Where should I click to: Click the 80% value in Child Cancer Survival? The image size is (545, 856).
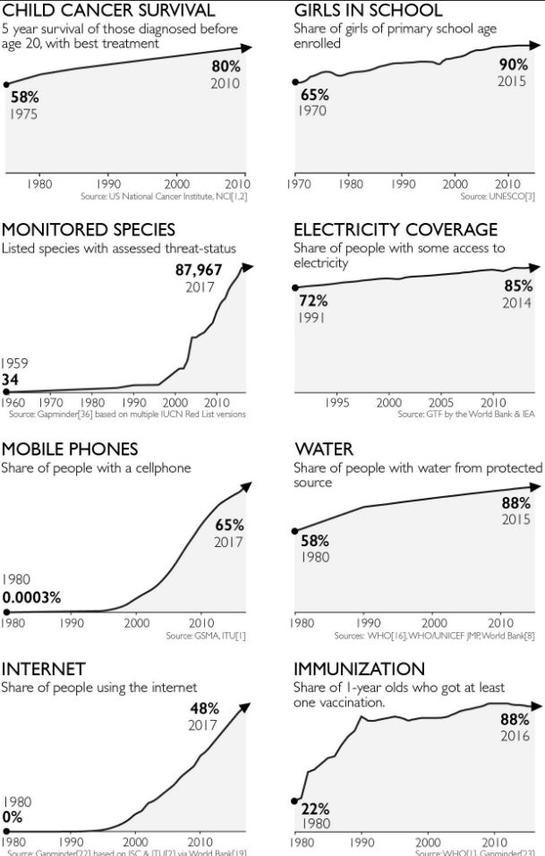click(x=226, y=67)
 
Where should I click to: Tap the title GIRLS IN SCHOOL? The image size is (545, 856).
click(x=368, y=11)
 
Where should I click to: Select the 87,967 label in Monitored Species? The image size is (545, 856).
click(x=198, y=270)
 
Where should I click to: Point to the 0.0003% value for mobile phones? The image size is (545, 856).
click(x=31, y=597)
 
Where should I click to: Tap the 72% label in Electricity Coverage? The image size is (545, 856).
click(x=314, y=302)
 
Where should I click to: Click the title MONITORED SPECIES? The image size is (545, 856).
click(x=88, y=230)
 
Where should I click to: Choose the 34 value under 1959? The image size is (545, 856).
click(x=12, y=380)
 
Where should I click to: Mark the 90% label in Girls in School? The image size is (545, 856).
click(x=514, y=65)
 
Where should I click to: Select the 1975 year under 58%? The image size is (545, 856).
click(x=24, y=114)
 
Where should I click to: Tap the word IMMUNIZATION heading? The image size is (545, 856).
click(x=360, y=669)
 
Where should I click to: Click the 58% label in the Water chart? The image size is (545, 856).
click(x=314, y=541)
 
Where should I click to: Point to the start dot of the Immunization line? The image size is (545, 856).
click(x=295, y=800)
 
